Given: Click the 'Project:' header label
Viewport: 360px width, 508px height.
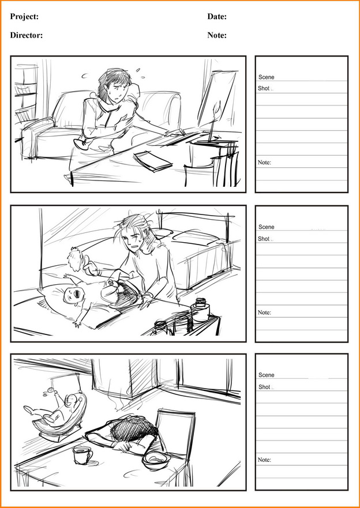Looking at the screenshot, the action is click(24, 17).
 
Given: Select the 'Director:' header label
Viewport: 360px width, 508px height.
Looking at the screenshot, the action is click(26, 35).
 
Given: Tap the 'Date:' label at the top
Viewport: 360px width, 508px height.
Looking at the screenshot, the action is click(217, 17).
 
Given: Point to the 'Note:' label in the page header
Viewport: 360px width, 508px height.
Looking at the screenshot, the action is click(217, 35).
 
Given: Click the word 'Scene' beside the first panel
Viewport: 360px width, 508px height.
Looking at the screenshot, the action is click(267, 77).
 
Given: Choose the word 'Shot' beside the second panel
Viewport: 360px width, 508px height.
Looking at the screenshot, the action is click(264, 239).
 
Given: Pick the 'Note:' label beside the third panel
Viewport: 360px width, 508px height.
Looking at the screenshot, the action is click(264, 460).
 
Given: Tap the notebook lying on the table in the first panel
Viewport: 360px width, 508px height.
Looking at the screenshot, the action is click(153, 161).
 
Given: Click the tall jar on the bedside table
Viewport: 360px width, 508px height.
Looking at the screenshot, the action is click(200, 310).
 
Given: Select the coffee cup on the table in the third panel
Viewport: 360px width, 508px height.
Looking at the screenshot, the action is click(82, 455).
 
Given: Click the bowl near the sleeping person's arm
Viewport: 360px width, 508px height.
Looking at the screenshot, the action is click(156, 460).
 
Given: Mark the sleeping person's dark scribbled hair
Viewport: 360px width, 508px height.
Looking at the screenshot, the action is click(131, 428).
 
